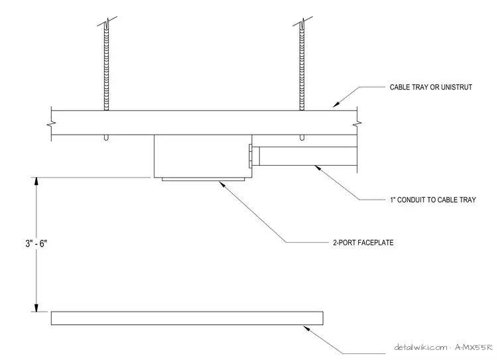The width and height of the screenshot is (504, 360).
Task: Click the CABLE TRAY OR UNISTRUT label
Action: tap(430, 87)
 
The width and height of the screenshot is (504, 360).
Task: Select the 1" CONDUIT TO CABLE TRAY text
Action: tap(433, 200)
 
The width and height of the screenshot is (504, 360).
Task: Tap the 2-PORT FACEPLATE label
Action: tap(363, 243)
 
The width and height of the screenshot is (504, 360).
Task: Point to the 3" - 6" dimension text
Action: tap(36, 243)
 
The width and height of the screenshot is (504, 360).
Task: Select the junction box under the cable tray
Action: tap(203, 156)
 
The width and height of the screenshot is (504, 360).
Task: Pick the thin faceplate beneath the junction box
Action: tap(203, 180)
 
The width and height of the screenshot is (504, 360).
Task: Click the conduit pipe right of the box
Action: tap(308, 156)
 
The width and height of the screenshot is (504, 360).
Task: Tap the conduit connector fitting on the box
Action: tap(254, 156)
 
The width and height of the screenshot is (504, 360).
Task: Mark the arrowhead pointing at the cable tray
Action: tap(336, 104)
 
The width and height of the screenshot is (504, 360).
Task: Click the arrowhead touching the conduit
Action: tap(318, 168)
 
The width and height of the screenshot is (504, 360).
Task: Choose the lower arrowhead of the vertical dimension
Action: tap(36, 308)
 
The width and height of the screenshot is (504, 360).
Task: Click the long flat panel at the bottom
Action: tap(187, 318)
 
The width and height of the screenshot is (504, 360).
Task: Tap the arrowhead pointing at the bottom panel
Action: tap(306, 328)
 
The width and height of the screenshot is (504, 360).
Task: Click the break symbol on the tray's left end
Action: tap(52, 123)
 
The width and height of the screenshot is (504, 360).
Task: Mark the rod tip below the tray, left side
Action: tap(106, 138)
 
